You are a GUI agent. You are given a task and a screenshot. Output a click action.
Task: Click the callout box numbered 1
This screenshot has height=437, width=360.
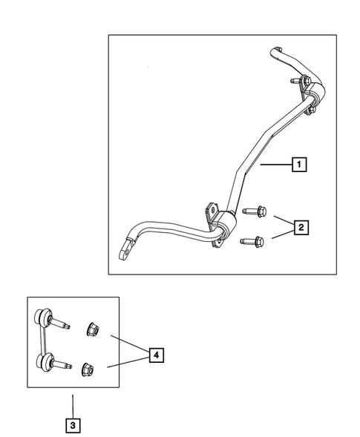tap(298, 165)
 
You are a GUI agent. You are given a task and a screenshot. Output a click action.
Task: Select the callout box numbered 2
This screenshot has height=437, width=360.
tap(300, 228)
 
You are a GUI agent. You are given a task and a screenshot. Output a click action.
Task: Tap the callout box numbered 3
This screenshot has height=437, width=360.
tap(72, 426)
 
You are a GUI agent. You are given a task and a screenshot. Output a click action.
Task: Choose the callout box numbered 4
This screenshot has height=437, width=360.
tap(155, 356)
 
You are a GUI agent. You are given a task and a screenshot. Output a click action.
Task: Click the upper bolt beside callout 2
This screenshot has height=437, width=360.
tap(255, 212)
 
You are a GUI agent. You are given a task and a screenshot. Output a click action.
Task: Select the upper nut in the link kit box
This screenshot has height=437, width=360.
tap(94, 329)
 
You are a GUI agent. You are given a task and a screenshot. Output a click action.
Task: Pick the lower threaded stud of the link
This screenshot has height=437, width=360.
tap(65, 366)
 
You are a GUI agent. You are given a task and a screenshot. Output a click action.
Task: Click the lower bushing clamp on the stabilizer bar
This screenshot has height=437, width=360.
tap(220, 223)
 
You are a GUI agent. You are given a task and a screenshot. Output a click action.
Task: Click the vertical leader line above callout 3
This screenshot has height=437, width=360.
tap(72, 405)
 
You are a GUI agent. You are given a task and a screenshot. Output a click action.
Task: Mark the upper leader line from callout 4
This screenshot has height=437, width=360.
tap(129, 344)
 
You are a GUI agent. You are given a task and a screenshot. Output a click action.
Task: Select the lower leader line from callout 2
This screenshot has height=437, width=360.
tap(282, 235)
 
